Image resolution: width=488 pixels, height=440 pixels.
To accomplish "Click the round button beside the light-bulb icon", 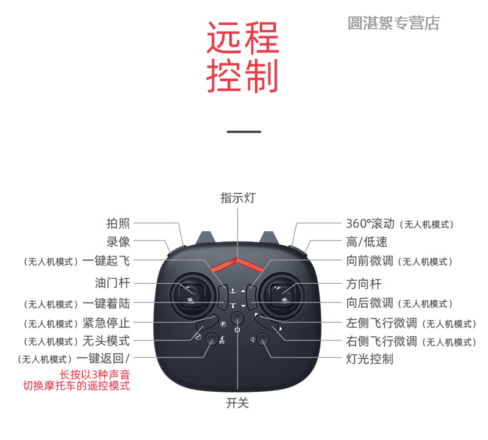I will tap(264, 339).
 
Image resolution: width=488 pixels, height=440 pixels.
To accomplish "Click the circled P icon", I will tap(223, 325).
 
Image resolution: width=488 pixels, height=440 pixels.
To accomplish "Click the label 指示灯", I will tap(237, 198).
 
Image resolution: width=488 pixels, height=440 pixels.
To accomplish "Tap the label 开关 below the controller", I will tap(237, 403).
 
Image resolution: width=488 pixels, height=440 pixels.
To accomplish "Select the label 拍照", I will tap(118, 224).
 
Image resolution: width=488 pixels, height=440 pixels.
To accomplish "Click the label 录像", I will tap(118, 242).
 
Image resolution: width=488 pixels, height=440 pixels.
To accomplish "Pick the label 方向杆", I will tap(364, 284).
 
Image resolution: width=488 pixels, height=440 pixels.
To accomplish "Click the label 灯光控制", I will tap(370, 359).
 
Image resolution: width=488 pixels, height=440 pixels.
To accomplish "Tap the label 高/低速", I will tap(367, 242).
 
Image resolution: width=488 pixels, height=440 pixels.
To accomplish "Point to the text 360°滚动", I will tap(370, 224).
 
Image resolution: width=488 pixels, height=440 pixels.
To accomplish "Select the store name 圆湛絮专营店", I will tap(393, 23).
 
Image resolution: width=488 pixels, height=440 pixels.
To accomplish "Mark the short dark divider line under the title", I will tap(243, 131).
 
